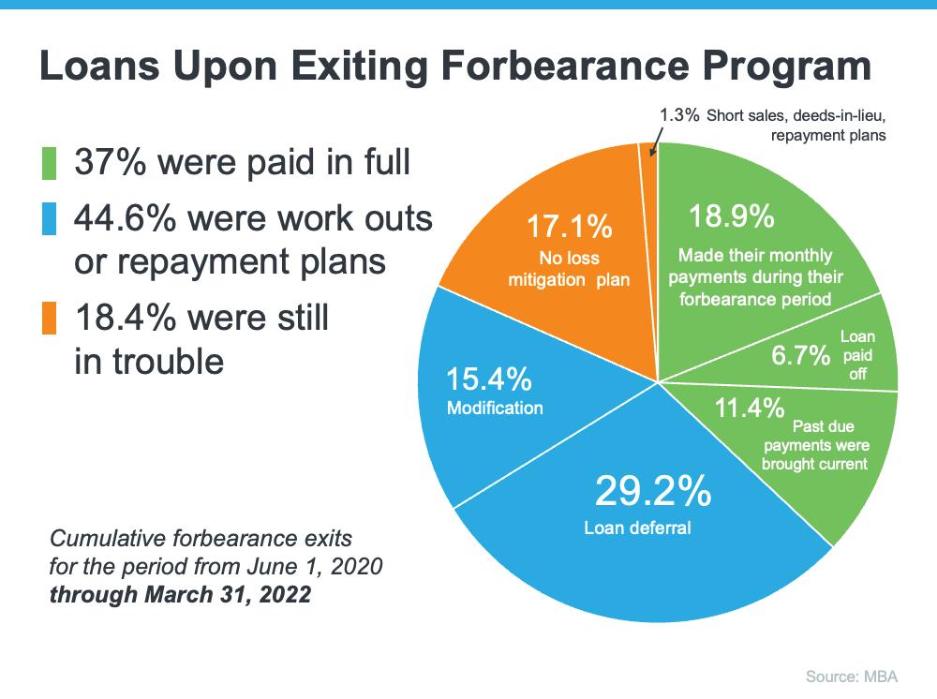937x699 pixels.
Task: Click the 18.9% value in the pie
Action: (731, 216)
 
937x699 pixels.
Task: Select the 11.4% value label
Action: (749, 408)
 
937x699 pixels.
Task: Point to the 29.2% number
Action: (653, 490)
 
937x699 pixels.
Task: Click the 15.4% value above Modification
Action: (488, 379)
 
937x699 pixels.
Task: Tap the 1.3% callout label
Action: (679, 114)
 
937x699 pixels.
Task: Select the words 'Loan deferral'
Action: (637, 528)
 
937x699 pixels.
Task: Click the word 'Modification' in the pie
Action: (495, 409)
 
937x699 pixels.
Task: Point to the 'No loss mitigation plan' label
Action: (570, 268)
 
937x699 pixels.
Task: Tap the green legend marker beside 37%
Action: (50, 162)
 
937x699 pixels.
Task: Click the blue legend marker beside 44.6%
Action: (50, 218)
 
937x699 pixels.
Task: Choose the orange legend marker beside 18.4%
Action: (50, 319)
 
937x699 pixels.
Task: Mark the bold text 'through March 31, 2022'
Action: (180, 594)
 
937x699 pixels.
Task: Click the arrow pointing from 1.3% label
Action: (654, 136)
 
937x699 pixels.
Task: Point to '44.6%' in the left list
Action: (125, 218)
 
